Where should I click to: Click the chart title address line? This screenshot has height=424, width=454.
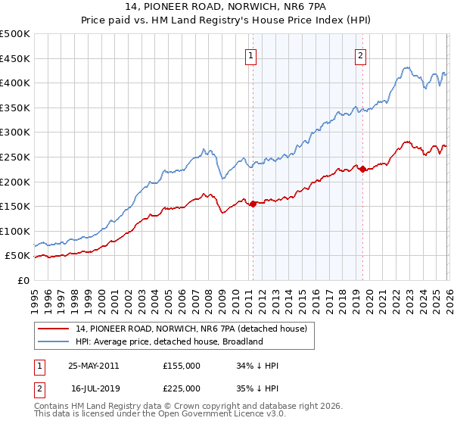(227, 8)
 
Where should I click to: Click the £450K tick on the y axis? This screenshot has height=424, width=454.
(15, 58)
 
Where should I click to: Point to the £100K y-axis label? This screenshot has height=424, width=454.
(15, 231)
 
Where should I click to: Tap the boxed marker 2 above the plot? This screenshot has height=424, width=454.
(360, 55)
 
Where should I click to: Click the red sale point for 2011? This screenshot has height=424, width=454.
(253, 204)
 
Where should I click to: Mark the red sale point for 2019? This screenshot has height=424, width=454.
(362, 169)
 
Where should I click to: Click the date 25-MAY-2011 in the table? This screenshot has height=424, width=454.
(93, 366)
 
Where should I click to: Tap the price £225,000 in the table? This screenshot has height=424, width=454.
(182, 388)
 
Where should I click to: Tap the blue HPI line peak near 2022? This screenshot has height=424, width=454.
(406, 67)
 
